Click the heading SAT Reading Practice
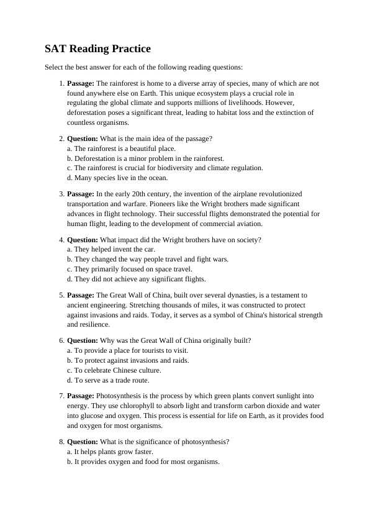pyautogui.click(x=97, y=48)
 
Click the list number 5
pyautogui.click(x=61, y=295)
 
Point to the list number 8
pyautogui.click(x=61, y=442)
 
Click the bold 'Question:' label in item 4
pyautogui.click(x=82, y=239)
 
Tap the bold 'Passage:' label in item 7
pyautogui.click(x=81, y=396)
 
